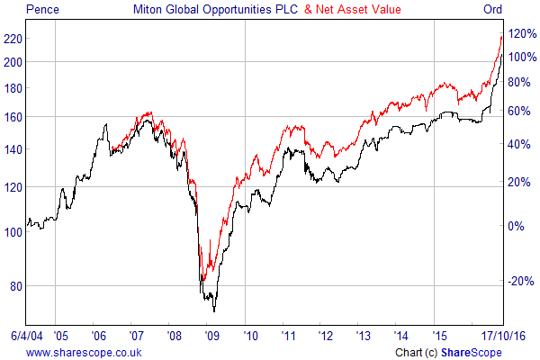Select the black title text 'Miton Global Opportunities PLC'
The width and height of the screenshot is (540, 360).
(x=221, y=10)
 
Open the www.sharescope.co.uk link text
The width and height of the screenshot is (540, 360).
(x=83, y=352)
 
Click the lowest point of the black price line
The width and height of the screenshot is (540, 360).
(x=214, y=311)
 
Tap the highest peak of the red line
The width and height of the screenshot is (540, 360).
(x=502, y=35)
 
